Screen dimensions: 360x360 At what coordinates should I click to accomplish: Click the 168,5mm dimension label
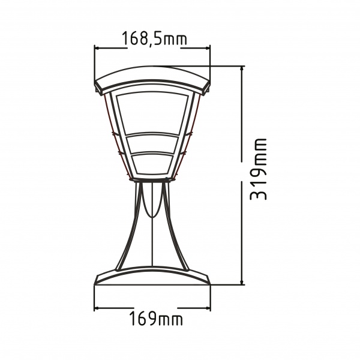tap(154, 39)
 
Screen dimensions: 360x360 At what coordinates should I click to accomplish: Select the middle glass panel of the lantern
tap(154, 144)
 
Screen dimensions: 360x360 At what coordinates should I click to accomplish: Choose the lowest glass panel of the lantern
tap(154, 163)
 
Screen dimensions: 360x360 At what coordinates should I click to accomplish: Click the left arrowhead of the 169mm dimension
tap(98, 309)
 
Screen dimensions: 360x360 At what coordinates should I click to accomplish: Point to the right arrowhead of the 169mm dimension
tap(210, 309)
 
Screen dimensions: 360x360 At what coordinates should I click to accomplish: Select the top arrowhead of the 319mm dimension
tap(242, 68)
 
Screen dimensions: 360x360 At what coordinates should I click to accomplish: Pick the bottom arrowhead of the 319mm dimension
tap(242, 282)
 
